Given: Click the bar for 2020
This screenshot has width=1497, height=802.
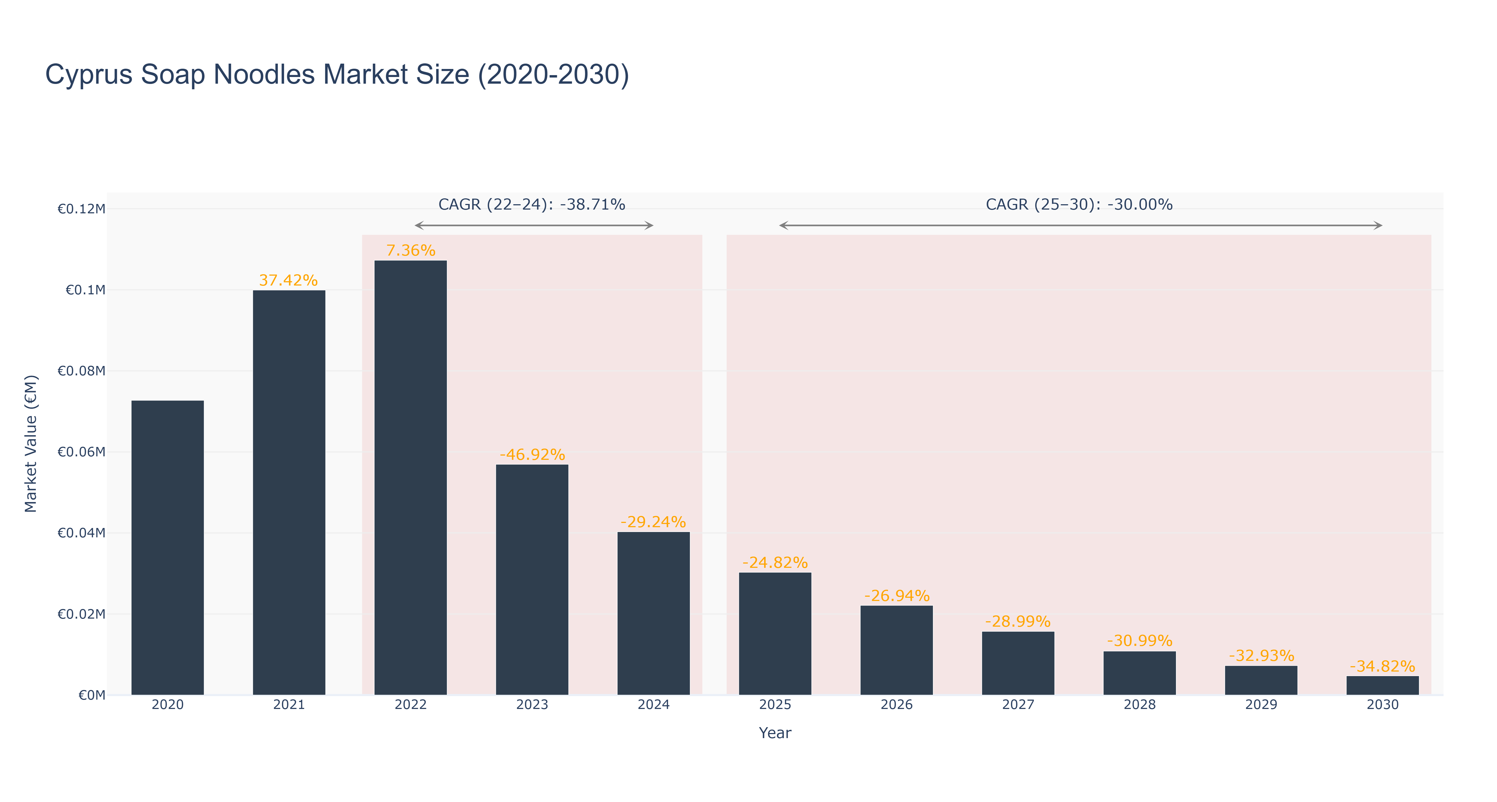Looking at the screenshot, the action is [167, 547].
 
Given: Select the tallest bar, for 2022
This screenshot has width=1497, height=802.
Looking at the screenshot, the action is [410, 478].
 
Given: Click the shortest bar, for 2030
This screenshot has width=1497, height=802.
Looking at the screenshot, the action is [1383, 685].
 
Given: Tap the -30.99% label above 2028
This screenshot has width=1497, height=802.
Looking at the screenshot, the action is [1140, 641].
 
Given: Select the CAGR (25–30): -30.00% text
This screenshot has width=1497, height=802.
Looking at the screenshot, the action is [1079, 205].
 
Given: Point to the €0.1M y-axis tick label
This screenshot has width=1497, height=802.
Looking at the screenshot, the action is [86, 290].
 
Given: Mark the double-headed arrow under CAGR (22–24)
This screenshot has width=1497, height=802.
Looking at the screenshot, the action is [534, 225].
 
